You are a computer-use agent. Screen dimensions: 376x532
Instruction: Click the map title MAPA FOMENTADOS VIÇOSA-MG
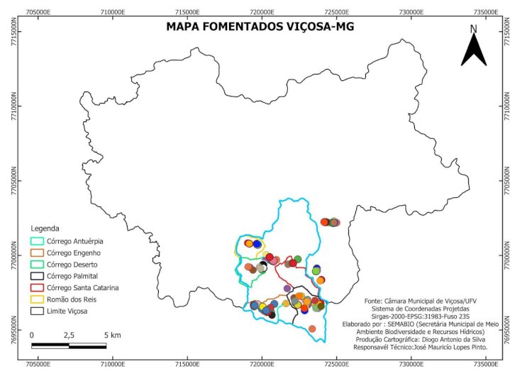coord(259,27)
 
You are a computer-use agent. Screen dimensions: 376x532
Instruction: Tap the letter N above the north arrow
coord(474,29)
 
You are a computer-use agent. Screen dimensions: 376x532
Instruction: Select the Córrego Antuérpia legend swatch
coord(37,241)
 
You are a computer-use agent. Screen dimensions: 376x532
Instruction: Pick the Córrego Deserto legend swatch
coord(37,265)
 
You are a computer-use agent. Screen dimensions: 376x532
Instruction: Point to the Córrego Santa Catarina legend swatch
coord(37,287)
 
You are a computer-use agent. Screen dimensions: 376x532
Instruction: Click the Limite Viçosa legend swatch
coord(37,311)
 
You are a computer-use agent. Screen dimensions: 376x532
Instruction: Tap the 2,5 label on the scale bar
coord(69,334)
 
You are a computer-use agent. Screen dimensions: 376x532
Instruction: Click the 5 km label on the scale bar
coord(111,334)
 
